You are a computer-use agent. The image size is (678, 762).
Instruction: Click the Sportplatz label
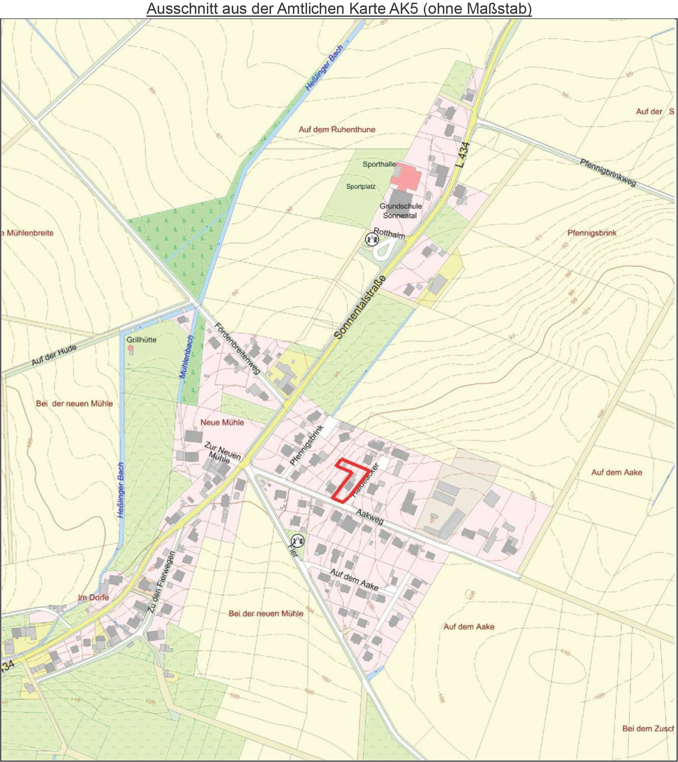[361, 187]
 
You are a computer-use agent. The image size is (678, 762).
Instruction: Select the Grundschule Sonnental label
[400, 211]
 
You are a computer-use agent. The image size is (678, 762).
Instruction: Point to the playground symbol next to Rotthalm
[371, 239]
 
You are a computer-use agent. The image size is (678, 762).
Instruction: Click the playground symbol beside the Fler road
[297, 540]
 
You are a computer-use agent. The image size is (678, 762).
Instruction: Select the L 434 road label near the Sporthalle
[463, 155]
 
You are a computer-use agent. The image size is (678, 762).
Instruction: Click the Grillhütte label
[141, 340]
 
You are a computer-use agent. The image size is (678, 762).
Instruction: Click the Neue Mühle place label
[222, 422]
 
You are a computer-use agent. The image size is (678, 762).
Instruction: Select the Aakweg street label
[369, 517]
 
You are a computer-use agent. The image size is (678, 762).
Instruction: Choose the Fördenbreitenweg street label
[237, 348]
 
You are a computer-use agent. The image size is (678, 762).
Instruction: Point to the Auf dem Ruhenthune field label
[337, 130]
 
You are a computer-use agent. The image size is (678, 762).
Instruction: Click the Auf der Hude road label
[54, 355]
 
